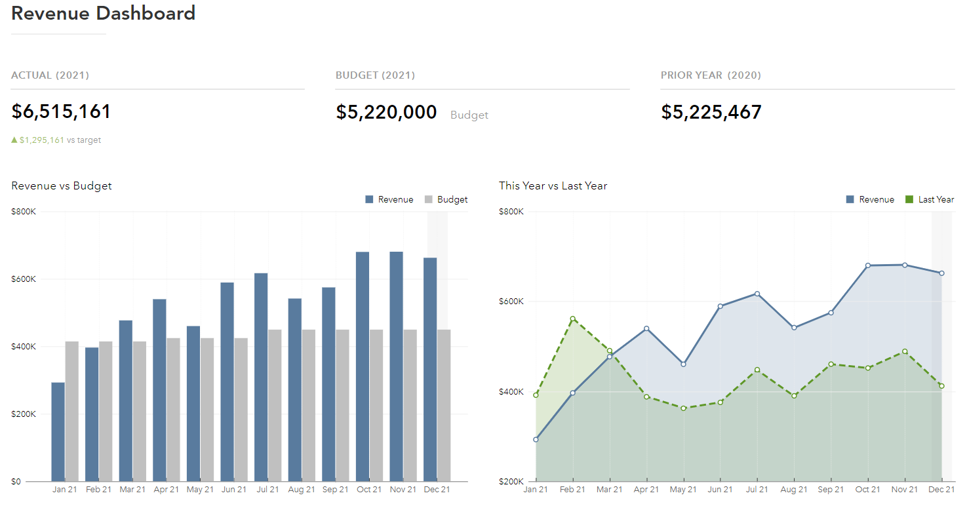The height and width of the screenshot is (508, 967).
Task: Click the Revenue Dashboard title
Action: click(x=103, y=13)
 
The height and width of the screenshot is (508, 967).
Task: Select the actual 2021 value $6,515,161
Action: click(x=61, y=111)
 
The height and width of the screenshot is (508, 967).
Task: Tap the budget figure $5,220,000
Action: click(x=386, y=112)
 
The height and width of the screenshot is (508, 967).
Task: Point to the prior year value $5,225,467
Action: click(x=711, y=112)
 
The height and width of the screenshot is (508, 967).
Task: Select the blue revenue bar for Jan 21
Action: click(x=58, y=433)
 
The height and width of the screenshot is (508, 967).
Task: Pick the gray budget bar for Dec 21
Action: click(x=444, y=406)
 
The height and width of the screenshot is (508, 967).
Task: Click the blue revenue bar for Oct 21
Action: click(x=363, y=367)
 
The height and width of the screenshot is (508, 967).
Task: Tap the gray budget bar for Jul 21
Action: click(x=275, y=406)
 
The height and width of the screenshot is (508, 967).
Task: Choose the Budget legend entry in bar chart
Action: click(x=446, y=199)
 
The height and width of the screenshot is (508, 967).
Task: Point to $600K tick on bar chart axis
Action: click(x=24, y=279)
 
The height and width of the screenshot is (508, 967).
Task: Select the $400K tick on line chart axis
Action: click(x=511, y=392)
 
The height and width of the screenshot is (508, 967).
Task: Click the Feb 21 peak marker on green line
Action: click(x=573, y=319)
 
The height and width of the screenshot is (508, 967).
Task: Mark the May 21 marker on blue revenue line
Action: click(x=683, y=364)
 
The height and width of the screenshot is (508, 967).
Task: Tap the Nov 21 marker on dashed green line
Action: click(x=905, y=351)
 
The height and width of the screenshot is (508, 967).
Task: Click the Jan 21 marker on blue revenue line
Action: click(x=536, y=440)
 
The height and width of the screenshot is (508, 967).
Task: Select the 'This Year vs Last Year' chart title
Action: click(x=553, y=186)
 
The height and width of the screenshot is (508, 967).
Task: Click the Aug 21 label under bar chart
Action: click(x=302, y=490)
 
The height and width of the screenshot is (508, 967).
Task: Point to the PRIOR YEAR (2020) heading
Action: click(x=711, y=75)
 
